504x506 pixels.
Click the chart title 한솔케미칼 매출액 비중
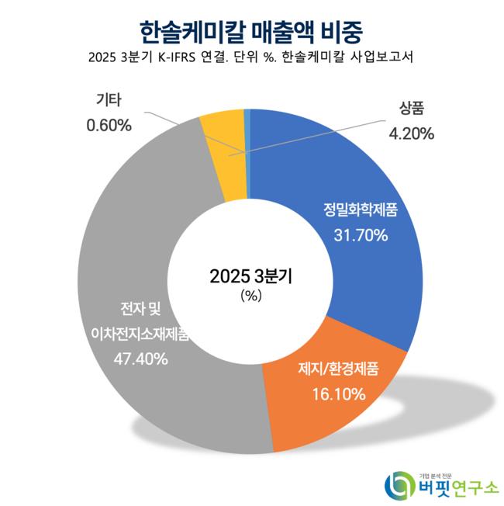pyautogui.click(x=251, y=32)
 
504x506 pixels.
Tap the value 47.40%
pyautogui.click(x=140, y=359)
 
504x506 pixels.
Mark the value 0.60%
pyautogui.click(x=109, y=124)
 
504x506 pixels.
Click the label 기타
pyautogui.click(x=109, y=100)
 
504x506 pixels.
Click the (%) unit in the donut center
pyautogui.click(x=252, y=296)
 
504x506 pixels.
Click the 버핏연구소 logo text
pyautogui.click(x=458, y=487)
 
